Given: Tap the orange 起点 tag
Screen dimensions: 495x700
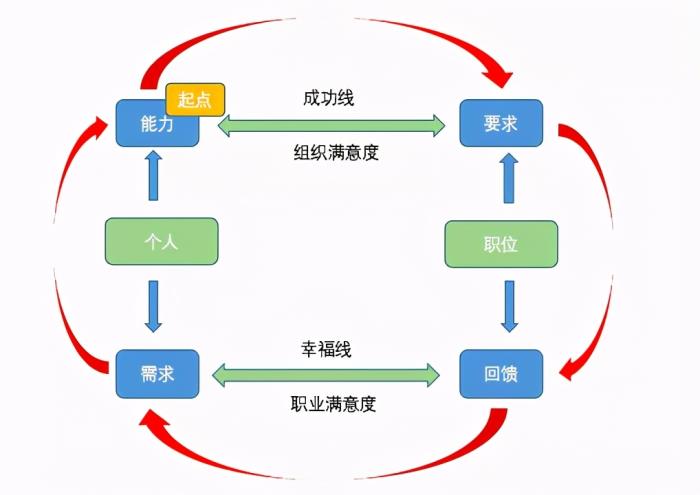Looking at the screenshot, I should point(195,99).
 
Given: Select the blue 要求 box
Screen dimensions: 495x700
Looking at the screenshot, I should point(500,123).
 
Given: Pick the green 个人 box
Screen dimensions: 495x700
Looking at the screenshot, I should point(161,241).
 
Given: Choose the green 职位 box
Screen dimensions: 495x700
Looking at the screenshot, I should point(500,243).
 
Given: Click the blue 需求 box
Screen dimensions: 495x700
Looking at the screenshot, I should point(157,373).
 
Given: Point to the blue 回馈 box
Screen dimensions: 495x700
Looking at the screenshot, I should point(500,374).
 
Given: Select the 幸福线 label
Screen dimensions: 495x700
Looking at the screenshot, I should point(326,349).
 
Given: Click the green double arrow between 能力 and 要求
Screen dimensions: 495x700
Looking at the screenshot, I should point(331,125).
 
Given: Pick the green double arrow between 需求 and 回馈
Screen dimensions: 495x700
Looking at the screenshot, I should point(327,376).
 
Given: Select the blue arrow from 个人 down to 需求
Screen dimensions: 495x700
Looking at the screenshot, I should point(153,306).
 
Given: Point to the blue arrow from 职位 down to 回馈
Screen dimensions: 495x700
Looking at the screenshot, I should point(509,306).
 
